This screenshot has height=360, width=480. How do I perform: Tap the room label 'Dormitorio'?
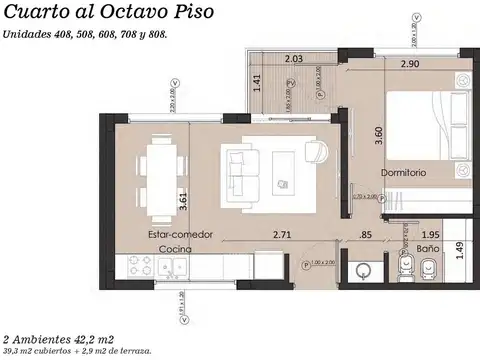click(x=403, y=172)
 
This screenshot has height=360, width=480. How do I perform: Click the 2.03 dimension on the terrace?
click(x=293, y=58)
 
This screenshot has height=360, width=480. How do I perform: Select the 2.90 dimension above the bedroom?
click(x=410, y=64)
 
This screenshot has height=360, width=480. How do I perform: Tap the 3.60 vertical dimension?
click(x=378, y=137)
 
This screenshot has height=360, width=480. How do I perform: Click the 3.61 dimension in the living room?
click(x=181, y=199)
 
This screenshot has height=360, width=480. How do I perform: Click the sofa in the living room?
click(x=240, y=171)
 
